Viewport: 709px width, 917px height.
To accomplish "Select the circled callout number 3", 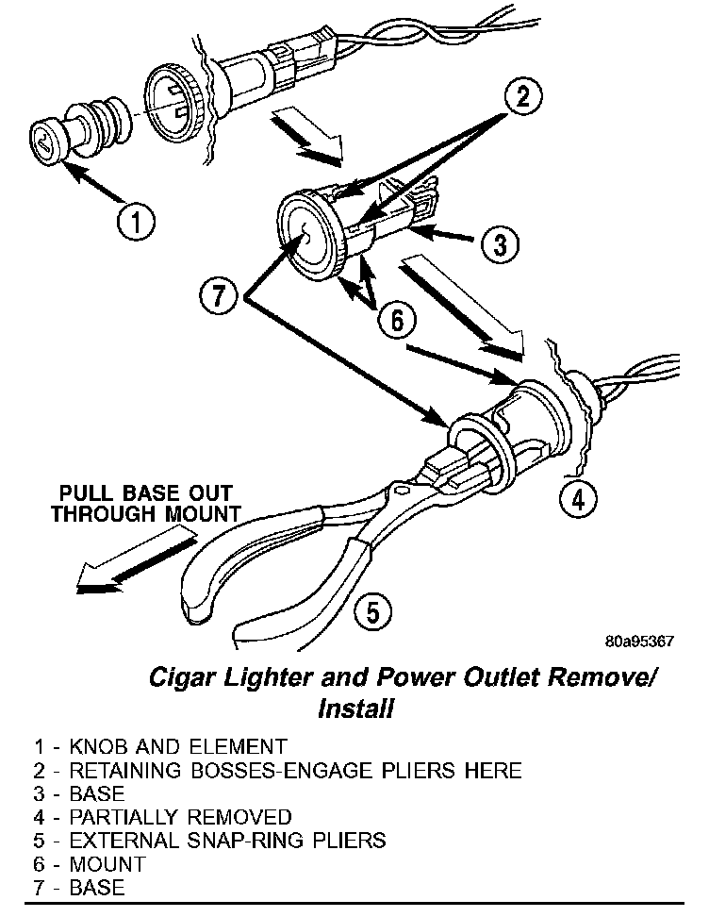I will [501, 245].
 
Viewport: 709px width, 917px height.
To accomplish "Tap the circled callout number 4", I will [580, 498].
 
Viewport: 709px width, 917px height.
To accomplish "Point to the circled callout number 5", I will [373, 612].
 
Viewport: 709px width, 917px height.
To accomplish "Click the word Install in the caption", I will [355, 709].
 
